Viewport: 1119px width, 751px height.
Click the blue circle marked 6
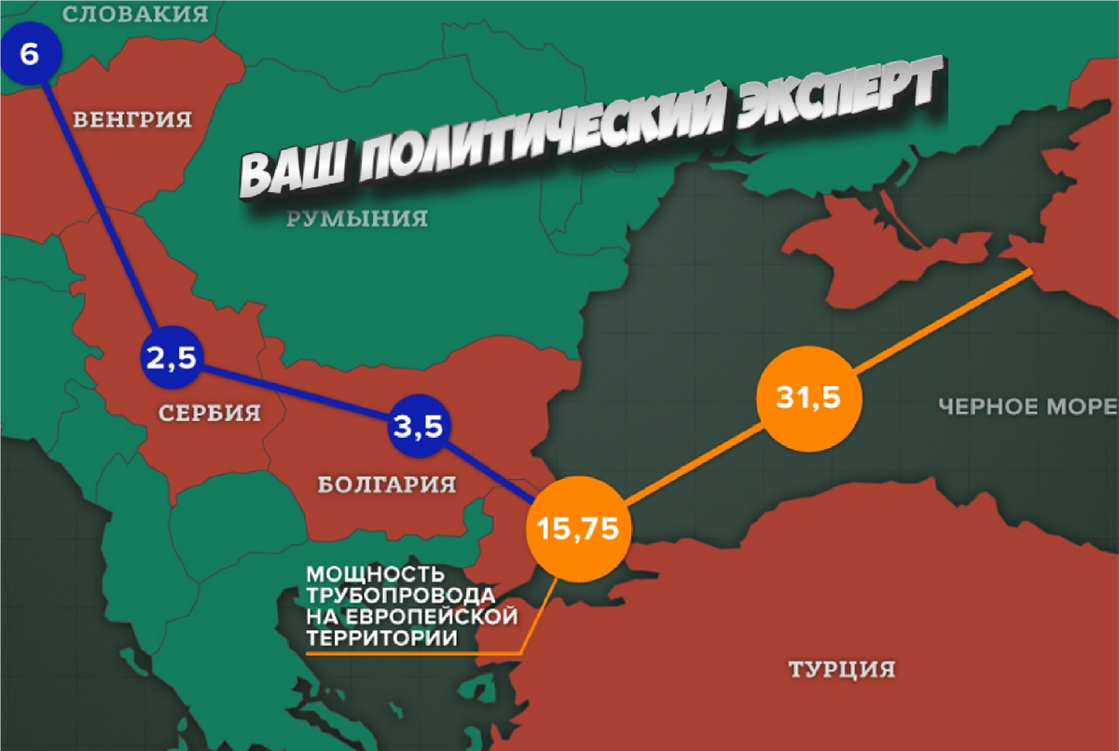(29, 54)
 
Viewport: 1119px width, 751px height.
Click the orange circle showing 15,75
(578, 528)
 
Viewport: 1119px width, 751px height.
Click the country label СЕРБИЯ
(209, 413)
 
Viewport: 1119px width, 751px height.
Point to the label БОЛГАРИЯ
(386, 485)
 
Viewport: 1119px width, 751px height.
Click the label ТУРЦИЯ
(841, 669)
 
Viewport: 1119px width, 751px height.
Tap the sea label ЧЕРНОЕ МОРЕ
(1026, 406)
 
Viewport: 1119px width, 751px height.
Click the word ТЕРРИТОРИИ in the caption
(381, 638)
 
